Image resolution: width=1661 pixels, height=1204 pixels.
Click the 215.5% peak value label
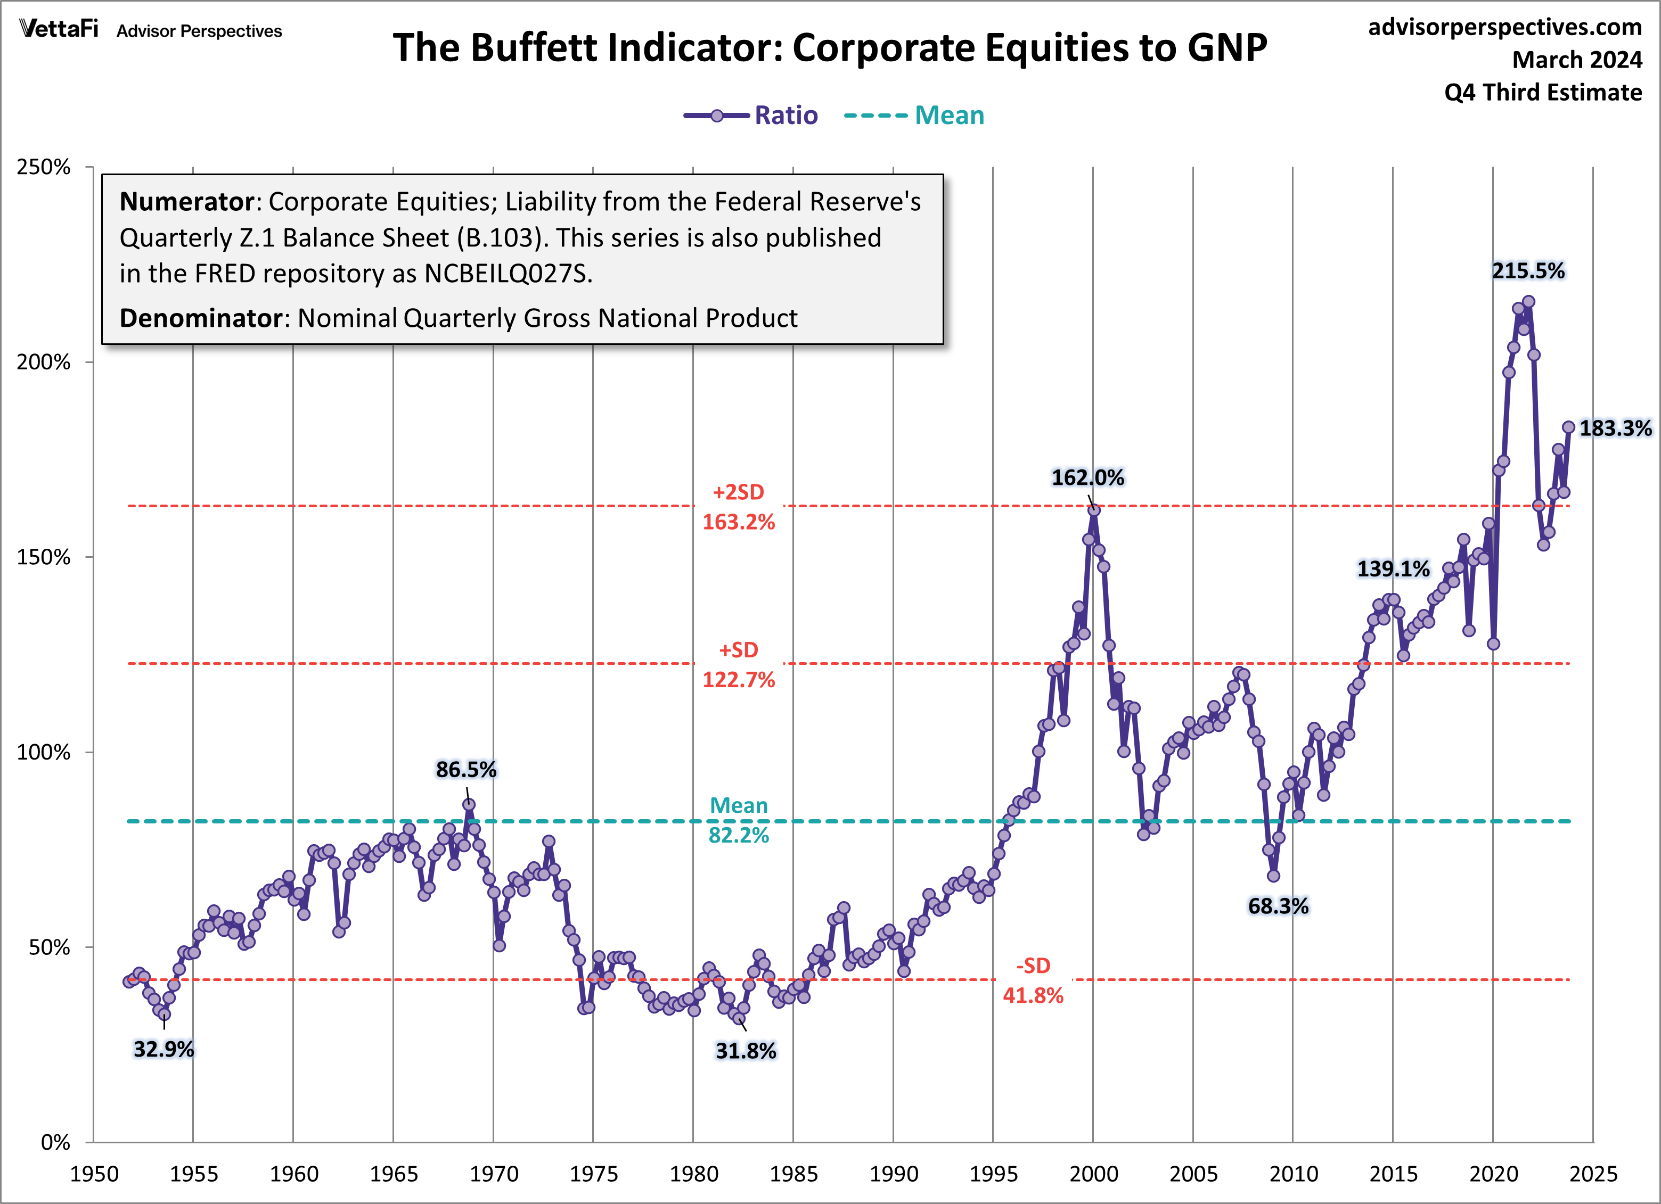tap(1528, 271)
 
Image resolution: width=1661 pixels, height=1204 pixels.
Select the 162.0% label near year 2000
tap(1087, 478)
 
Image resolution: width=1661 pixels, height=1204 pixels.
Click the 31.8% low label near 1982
tap(745, 1051)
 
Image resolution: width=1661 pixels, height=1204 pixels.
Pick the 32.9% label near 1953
tap(163, 1050)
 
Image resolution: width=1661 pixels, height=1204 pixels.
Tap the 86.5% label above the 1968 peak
tap(466, 770)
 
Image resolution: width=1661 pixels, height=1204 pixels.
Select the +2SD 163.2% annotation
tap(738, 507)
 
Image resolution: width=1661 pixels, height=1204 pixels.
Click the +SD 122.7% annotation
tap(738, 665)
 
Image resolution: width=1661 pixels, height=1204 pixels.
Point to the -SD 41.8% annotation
tap(1033, 981)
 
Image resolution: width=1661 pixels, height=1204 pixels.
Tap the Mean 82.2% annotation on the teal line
tap(738, 820)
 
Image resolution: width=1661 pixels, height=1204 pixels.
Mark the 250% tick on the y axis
tap(44, 167)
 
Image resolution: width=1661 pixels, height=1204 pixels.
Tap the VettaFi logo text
tap(59, 29)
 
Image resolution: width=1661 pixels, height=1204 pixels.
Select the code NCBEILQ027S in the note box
tap(506, 274)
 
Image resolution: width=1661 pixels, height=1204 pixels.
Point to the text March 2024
tap(1577, 60)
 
